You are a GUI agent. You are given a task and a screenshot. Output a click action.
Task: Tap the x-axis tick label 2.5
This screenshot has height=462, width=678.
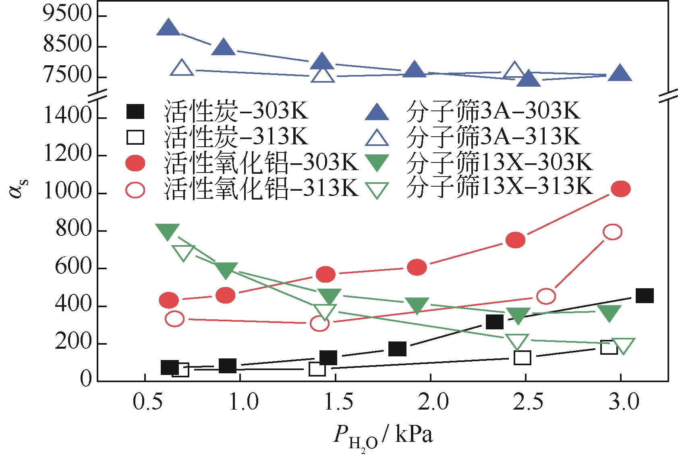pyautogui.click(x=526, y=402)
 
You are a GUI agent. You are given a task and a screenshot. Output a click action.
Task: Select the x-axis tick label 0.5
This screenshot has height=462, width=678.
pyautogui.click(x=145, y=402)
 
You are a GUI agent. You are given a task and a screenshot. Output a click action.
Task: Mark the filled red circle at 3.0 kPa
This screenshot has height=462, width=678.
pyautogui.click(x=620, y=189)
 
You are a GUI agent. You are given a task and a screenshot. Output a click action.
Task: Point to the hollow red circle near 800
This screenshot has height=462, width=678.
pyautogui.click(x=612, y=232)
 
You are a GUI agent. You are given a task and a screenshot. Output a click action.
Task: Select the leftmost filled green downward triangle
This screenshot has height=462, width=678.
pyautogui.click(x=168, y=231)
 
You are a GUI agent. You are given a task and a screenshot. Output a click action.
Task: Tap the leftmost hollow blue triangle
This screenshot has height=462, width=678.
pyautogui.click(x=182, y=68)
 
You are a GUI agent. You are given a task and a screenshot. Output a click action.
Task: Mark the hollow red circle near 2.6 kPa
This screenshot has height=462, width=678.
pyautogui.click(x=546, y=296)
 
